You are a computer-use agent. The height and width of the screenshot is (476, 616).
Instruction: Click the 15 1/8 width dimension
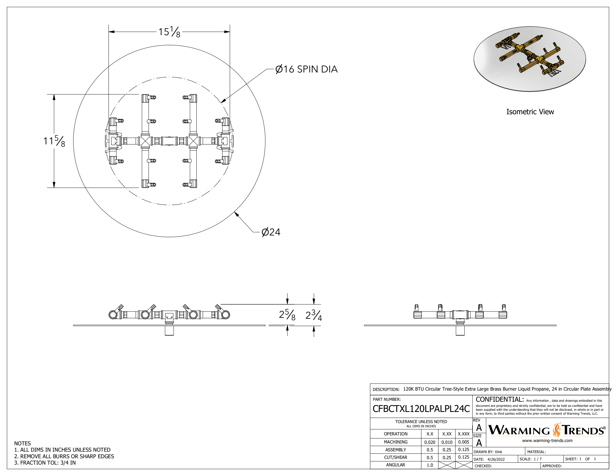(x=169, y=32)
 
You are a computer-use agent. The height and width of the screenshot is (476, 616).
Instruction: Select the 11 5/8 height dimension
(x=54, y=141)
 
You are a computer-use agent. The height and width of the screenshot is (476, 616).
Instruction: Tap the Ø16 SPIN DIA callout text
(x=306, y=69)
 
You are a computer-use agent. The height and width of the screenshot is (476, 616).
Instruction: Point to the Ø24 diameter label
(x=271, y=232)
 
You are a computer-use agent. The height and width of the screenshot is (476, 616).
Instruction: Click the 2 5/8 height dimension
(x=287, y=315)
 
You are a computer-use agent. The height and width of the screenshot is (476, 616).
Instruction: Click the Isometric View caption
(x=530, y=112)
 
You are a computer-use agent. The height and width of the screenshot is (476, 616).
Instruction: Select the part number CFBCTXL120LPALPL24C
(x=421, y=409)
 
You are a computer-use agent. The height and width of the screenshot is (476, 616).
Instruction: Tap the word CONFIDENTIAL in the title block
(x=500, y=399)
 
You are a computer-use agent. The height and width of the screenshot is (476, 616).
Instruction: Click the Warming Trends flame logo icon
(x=557, y=430)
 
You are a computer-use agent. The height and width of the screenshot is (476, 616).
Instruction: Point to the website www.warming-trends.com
(x=547, y=441)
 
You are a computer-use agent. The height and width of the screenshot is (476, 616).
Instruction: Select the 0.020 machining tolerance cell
(x=430, y=442)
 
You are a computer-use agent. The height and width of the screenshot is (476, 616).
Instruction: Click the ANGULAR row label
(x=395, y=465)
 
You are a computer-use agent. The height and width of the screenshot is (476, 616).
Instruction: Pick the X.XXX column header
(x=464, y=434)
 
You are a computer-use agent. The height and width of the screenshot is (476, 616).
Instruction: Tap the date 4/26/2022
(x=496, y=459)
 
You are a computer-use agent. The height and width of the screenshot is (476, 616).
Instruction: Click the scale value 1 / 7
(x=537, y=459)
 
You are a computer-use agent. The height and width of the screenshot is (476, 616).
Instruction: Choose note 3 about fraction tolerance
(x=45, y=463)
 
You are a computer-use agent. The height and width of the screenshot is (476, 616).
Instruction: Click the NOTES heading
(x=22, y=444)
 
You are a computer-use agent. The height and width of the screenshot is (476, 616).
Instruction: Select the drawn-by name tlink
(x=498, y=452)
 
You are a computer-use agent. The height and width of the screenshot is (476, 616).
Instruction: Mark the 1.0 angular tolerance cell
(x=430, y=465)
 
